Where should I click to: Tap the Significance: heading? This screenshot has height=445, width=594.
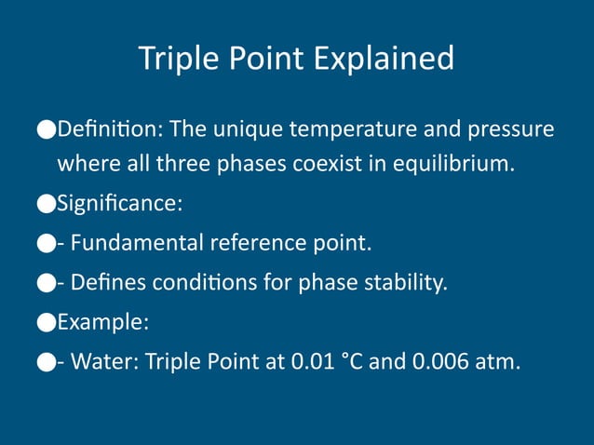coord(119,203)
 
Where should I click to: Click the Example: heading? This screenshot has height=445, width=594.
coord(103,322)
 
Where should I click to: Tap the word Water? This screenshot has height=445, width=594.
coord(102,361)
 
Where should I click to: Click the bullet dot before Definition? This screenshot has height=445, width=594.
coord(47,128)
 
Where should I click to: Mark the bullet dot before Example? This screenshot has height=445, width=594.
coord(47,323)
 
